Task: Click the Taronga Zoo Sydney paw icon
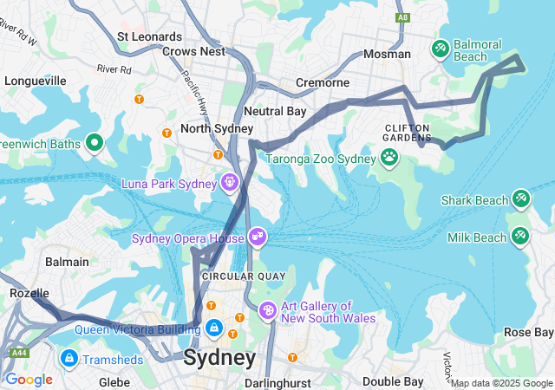coord(389,158)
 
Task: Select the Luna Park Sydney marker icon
coord(230,182)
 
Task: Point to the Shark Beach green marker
coord(521,199)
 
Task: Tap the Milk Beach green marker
coord(521,236)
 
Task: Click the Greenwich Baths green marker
coord(95,143)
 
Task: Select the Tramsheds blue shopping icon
coord(69,358)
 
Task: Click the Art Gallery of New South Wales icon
coord(268,309)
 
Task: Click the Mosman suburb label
coord(387,54)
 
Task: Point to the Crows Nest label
coord(193,51)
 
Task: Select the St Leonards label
coord(149,36)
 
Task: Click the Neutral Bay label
coord(275,111)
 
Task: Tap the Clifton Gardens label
coord(408,132)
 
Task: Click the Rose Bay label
coord(528,332)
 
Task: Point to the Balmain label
coord(67,261)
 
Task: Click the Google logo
coord(29,379)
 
